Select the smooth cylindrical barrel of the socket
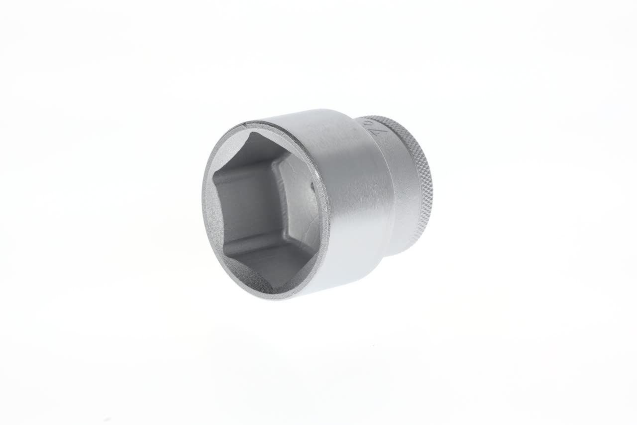click(x=348, y=199)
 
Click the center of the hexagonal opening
click(x=264, y=209)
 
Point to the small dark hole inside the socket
click(x=313, y=188)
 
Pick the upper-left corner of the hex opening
click(x=214, y=174)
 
